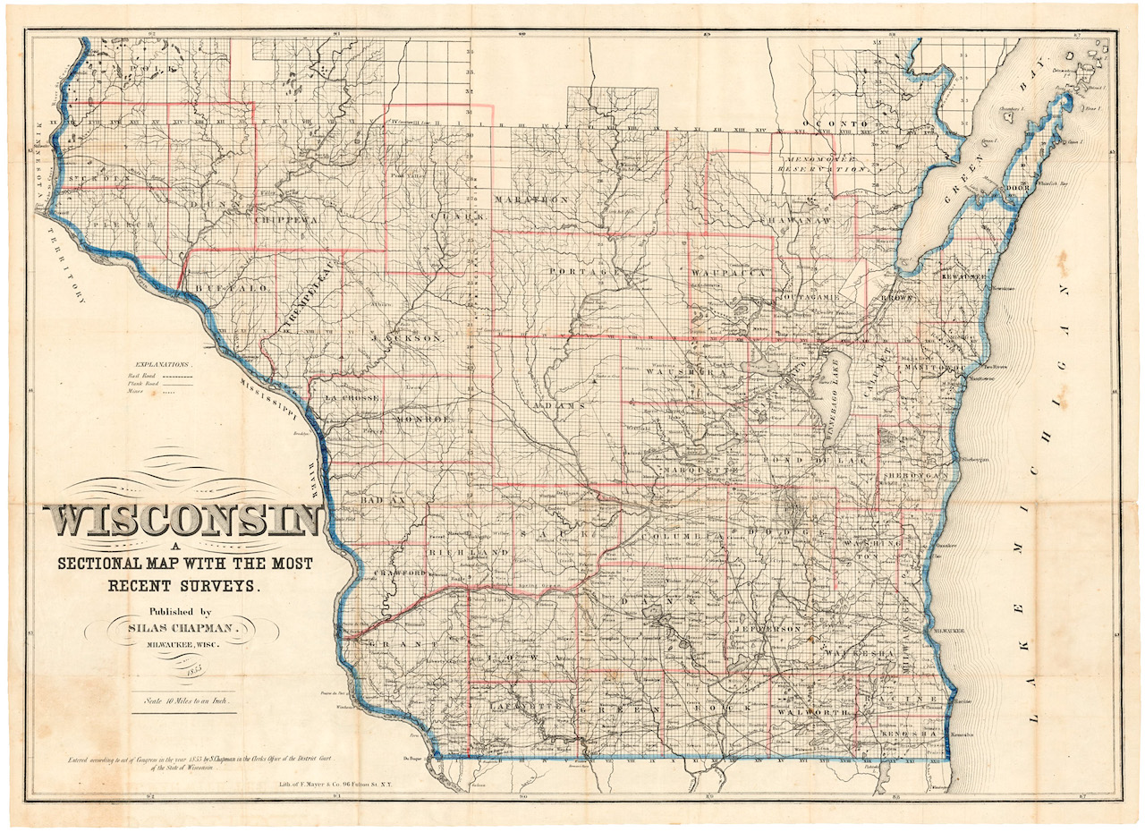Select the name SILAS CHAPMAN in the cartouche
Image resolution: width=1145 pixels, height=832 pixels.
pyautogui.click(x=181, y=630)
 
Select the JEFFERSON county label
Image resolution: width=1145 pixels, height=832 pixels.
pyautogui.click(x=768, y=630)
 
